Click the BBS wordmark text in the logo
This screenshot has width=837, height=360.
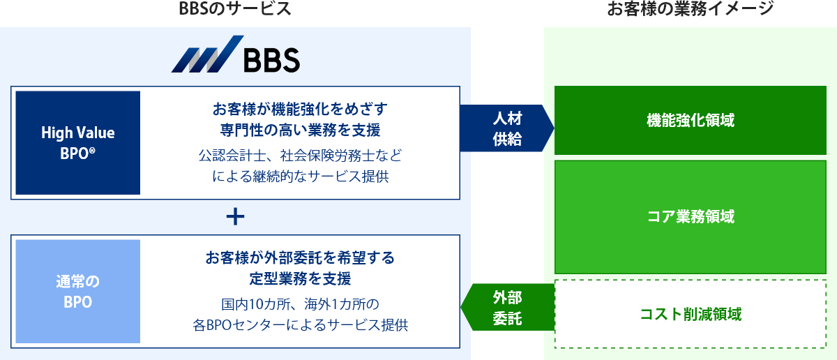(271, 60)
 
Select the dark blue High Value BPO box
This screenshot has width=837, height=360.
(77, 142)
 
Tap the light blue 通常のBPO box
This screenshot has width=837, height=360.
(77, 292)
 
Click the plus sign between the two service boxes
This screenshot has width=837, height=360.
(236, 217)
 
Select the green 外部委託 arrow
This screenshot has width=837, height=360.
(507, 308)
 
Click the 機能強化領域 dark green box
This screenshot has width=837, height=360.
(690, 120)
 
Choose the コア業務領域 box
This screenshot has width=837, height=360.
(690, 216)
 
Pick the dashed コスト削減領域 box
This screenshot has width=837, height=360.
(690, 314)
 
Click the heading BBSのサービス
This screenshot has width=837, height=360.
(234, 9)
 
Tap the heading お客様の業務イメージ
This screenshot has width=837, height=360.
(690, 9)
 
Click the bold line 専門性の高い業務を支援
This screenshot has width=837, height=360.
(300, 130)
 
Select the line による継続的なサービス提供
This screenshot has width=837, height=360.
(300, 176)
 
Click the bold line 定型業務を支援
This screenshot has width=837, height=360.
(300, 279)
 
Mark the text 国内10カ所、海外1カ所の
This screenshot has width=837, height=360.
(300, 304)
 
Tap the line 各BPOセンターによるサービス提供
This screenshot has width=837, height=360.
(300, 325)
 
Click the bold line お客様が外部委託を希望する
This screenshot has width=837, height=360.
(300, 258)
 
